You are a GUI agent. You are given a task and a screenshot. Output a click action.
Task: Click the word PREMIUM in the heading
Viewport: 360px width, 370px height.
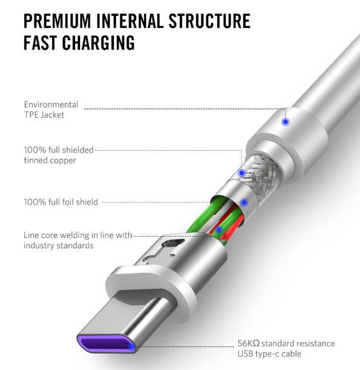pyautogui.click(x=57, y=21)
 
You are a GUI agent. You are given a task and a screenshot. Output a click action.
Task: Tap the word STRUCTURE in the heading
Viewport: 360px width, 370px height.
pyautogui.click(x=209, y=21)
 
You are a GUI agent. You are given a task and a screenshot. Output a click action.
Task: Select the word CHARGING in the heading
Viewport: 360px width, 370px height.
pyautogui.click(x=98, y=42)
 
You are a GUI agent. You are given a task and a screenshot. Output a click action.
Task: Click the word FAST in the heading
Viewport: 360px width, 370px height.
pyautogui.click(x=40, y=42)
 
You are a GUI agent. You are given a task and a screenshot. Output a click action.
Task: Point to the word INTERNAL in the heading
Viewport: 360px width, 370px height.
pyautogui.click(x=130, y=21)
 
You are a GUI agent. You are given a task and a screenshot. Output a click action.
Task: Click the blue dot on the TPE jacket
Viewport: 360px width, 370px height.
pyautogui.click(x=285, y=122)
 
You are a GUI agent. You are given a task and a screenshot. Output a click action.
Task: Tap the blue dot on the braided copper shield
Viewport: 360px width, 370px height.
pyautogui.click(x=241, y=173)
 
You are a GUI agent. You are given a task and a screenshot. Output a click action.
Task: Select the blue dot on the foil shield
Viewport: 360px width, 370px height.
pyautogui.click(x=244, y=202)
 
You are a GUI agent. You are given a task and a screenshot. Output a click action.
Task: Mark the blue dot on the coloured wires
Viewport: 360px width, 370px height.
pyautogui.click(x=219, y=229)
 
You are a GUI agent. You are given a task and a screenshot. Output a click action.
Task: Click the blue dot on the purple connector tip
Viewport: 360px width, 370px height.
pyautogui.click(x=132, y=346)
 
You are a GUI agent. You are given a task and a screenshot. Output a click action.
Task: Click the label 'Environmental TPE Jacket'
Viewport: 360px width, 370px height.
pyautogui.click(x=51, y=110)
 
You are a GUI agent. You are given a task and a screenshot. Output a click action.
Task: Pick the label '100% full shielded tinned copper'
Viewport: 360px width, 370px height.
pyautogui.click(x=59, y=155)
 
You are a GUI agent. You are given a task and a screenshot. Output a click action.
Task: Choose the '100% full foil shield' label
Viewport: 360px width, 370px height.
pyautogui.click(x=61, y=202)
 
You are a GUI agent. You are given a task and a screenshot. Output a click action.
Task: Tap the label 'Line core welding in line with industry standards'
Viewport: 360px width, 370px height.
pyautogui.click(x=78, y=240)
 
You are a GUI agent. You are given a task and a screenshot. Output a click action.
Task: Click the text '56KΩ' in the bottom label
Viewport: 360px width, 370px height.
pyautogui.click(x=248, y=343)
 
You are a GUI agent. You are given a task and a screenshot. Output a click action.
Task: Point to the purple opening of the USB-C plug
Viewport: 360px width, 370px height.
pyautogui.click(x=105, y=343)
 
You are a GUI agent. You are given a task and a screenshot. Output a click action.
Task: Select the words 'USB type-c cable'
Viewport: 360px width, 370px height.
pyautogui.click(x=270, y=354)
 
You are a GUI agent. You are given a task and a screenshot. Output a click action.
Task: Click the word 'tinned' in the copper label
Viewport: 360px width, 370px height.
pyautogui.click(x=36, y=161)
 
